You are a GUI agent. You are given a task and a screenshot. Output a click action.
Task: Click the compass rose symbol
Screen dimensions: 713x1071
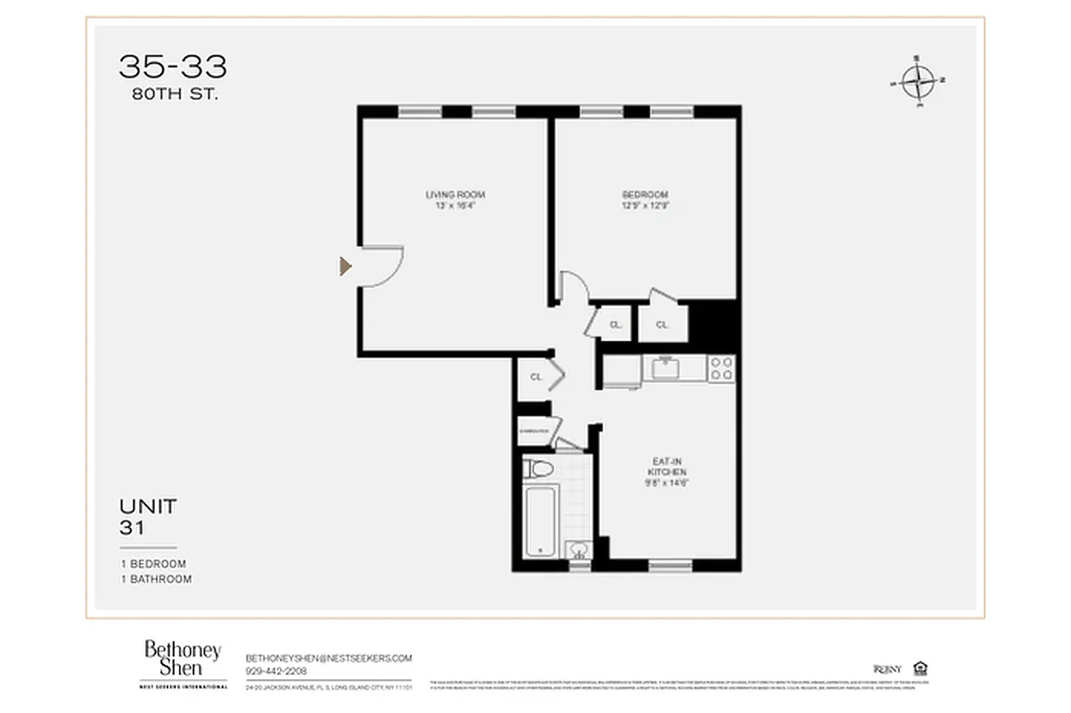tap(917, 82)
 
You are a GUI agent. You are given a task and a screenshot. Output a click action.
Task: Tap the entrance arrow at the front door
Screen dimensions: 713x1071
tap(346, 266)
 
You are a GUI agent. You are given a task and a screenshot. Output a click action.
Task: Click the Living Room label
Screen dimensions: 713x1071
tap(454, 194)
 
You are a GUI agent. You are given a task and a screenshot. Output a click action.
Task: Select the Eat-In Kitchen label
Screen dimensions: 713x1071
tap(666, 466)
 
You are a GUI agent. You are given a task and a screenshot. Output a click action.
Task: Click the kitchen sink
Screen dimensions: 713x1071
tap(664, 367)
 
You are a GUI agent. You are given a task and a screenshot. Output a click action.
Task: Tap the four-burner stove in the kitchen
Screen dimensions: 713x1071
tap(722, 368)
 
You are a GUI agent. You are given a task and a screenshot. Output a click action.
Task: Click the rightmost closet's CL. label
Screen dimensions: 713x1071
tap(662, 325)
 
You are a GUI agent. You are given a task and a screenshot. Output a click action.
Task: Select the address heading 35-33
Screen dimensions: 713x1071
tap(173, 67)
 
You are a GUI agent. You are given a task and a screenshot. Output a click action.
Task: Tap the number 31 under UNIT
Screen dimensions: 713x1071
tap(133, 528)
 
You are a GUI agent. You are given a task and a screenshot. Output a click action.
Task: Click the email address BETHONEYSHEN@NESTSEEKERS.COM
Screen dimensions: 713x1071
tap(329, 658)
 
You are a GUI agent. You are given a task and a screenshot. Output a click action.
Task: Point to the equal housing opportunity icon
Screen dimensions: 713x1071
tap(920, 668)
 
